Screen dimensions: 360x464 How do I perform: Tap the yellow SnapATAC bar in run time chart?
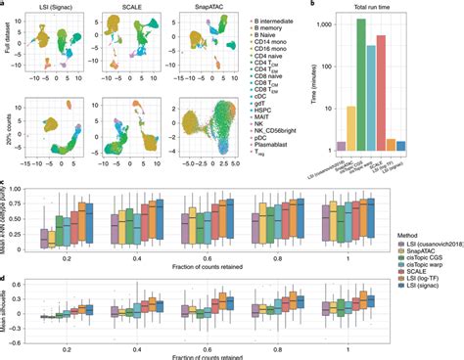tap(348, 127)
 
